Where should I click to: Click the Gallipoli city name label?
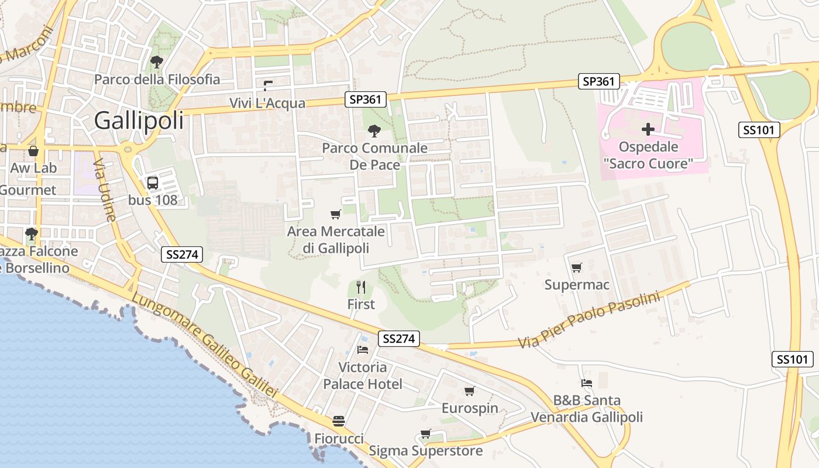point(139,121)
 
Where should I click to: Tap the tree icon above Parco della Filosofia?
point(156,61)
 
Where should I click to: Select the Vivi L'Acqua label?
point(267,104)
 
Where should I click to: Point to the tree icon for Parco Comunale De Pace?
point(374,130)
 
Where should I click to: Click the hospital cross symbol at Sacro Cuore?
point(648,129)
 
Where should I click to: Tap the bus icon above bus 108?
point(152,183)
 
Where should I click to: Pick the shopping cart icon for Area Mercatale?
point(336,214)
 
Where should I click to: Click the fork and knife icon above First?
point(361,287)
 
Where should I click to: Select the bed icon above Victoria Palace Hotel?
point(363,350)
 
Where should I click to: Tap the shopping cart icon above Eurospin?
point(469,391)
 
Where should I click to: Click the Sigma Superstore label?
point(425,451)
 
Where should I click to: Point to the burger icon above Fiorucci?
point(339,421)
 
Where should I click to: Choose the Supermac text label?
point(577,285)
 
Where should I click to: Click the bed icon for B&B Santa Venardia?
point(587,383)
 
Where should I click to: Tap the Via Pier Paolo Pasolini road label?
point(589,320)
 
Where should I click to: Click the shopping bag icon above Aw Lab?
point(33,151)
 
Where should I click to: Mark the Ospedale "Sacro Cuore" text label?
point(648,155)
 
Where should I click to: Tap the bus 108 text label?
point(152,200)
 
